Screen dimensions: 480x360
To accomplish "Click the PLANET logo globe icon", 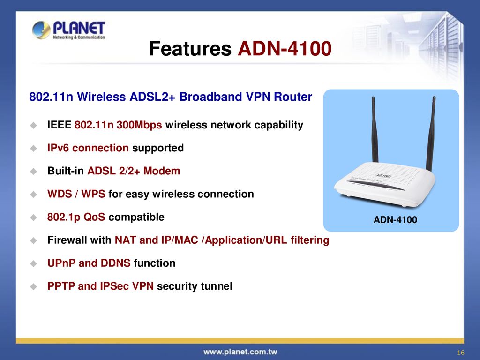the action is point(41,30).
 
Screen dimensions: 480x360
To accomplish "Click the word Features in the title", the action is point(190,49).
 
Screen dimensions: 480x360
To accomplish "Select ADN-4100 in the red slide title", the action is point(285,49).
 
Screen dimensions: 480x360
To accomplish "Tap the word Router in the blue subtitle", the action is point(293,97).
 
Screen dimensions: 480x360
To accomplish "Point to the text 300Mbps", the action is point(139,125).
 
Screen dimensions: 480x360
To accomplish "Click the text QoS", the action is point(94,217).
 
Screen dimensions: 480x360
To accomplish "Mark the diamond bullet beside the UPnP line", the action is point(34,263).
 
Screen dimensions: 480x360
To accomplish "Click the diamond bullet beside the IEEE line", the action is point(34,125).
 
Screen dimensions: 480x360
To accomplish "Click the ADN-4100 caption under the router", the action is point(395,220).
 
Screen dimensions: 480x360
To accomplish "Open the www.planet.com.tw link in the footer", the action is point(240,352).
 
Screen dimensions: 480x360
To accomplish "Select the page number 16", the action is point(461,352).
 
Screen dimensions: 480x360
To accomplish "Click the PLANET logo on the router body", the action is point(383,176).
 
